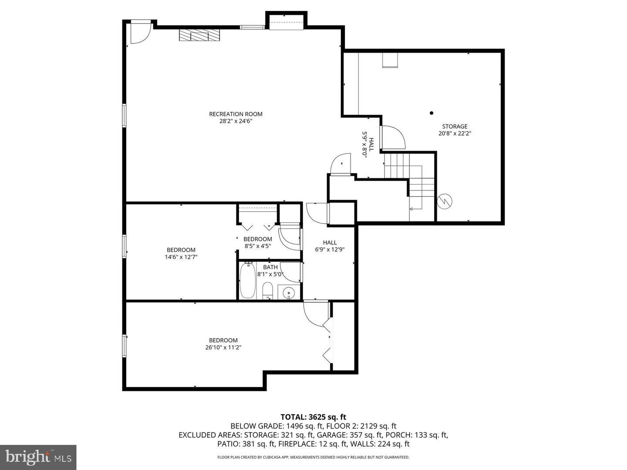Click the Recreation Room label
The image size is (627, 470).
coord(236,114)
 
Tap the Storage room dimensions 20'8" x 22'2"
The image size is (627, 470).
coord(455,134)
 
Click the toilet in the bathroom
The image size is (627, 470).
coord(267,291)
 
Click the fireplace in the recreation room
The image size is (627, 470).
coord(199,35)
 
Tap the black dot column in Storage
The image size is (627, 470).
coord(431,113)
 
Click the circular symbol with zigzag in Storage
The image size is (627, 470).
coord(445,201)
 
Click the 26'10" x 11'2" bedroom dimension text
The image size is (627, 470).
coord(223,347)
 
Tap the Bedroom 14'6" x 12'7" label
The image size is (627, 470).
coord(181,253)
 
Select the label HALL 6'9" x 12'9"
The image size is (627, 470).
coord(330,246)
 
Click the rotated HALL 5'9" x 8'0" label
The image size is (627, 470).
coord(368,144)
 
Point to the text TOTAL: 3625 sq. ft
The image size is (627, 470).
coord(313,417)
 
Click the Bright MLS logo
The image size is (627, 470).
coord(38,457)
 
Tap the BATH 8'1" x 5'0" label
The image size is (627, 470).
coord(270,271)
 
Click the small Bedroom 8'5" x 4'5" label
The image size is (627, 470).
coord(257,242)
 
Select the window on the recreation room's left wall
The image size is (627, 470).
coord(124,116)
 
